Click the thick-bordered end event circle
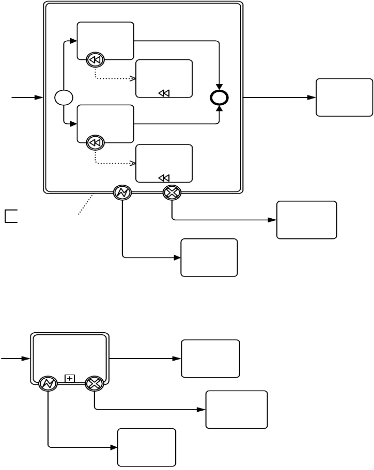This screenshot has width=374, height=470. pyautogui.click(x=220, y=98)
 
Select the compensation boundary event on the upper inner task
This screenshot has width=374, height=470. pyautogui.click(x=96, y=60)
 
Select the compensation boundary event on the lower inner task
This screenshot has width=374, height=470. pyautogui.click(x=96, y=142)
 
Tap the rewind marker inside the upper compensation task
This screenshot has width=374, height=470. pyautogui.click(x=163, y=93)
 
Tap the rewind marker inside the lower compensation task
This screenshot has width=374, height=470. pyautogui.click(x=163, y=178)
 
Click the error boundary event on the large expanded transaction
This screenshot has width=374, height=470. pyautogui.click(x=122, y=193)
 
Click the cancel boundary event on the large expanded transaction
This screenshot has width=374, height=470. pyautogui.click(x=172, y=193)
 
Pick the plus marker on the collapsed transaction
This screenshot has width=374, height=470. pyautogui.click(x=70, y=379)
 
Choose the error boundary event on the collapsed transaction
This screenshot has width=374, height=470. pyautogui.click(x=48, y=383)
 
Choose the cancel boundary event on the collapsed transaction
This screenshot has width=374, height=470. pyautogui.click(x=95, y=383)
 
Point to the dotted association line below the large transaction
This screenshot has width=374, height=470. pyautogui.click(x=85, y=204)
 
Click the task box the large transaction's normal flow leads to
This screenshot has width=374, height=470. pyautogui.click(x=344, y=97)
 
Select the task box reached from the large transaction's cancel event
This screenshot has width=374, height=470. pyautogui.click(x=306, y=220)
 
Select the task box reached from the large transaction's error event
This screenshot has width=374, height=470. pyautogui.click(x=209, y=257)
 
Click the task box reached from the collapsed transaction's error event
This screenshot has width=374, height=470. pyautogui.click(x=146, y=447)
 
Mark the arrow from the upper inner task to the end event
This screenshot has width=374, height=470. pyautogui.click(x=176, y=41)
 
